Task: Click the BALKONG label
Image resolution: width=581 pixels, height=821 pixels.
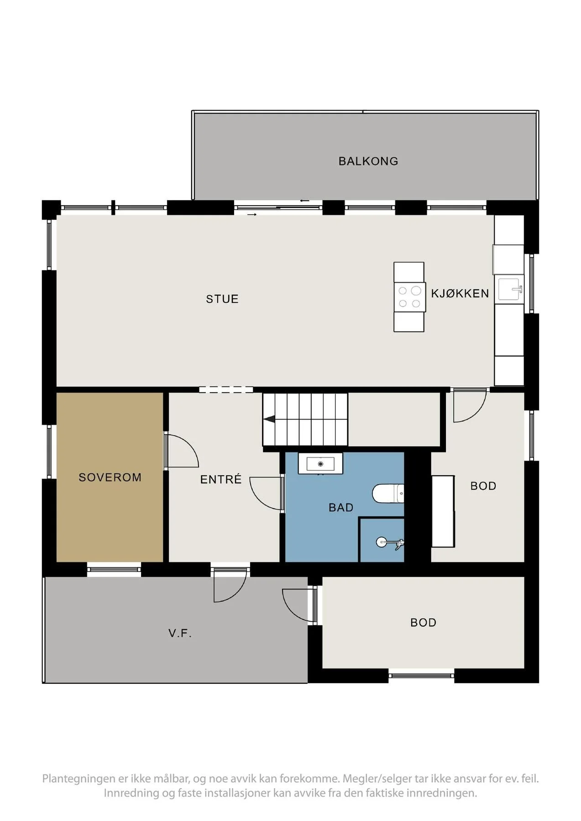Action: click(x=368, y=161)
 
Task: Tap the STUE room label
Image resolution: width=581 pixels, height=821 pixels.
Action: click(x=222, y=299)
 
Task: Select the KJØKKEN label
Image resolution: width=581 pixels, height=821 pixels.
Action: click(x=460, y=293)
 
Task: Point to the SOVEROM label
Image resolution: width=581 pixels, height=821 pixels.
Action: click(x=110, y=478)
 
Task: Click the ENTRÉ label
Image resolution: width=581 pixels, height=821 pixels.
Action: click(x=221, y=479)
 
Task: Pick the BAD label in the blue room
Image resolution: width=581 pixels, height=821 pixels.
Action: click(x=341, y=508)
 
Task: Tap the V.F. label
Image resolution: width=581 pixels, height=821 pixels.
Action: click(x=180, y=633)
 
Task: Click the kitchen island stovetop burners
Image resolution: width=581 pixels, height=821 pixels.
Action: click(x=409, y=297)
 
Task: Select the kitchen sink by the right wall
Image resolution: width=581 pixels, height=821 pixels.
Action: click(x=511, y=289)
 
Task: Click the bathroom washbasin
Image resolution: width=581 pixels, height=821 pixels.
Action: click(x=320, y=464)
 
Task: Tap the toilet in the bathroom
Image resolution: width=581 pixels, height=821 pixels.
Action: click(x=388, y=493)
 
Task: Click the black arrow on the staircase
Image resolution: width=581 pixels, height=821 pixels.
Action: click(x=269, y=419)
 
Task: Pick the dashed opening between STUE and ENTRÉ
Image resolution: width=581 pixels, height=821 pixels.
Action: click(x=226, y=390)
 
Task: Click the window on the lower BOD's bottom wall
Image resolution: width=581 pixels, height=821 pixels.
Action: click(x=421, y=676)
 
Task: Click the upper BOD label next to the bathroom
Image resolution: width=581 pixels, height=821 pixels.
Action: click(x=483, y=486)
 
